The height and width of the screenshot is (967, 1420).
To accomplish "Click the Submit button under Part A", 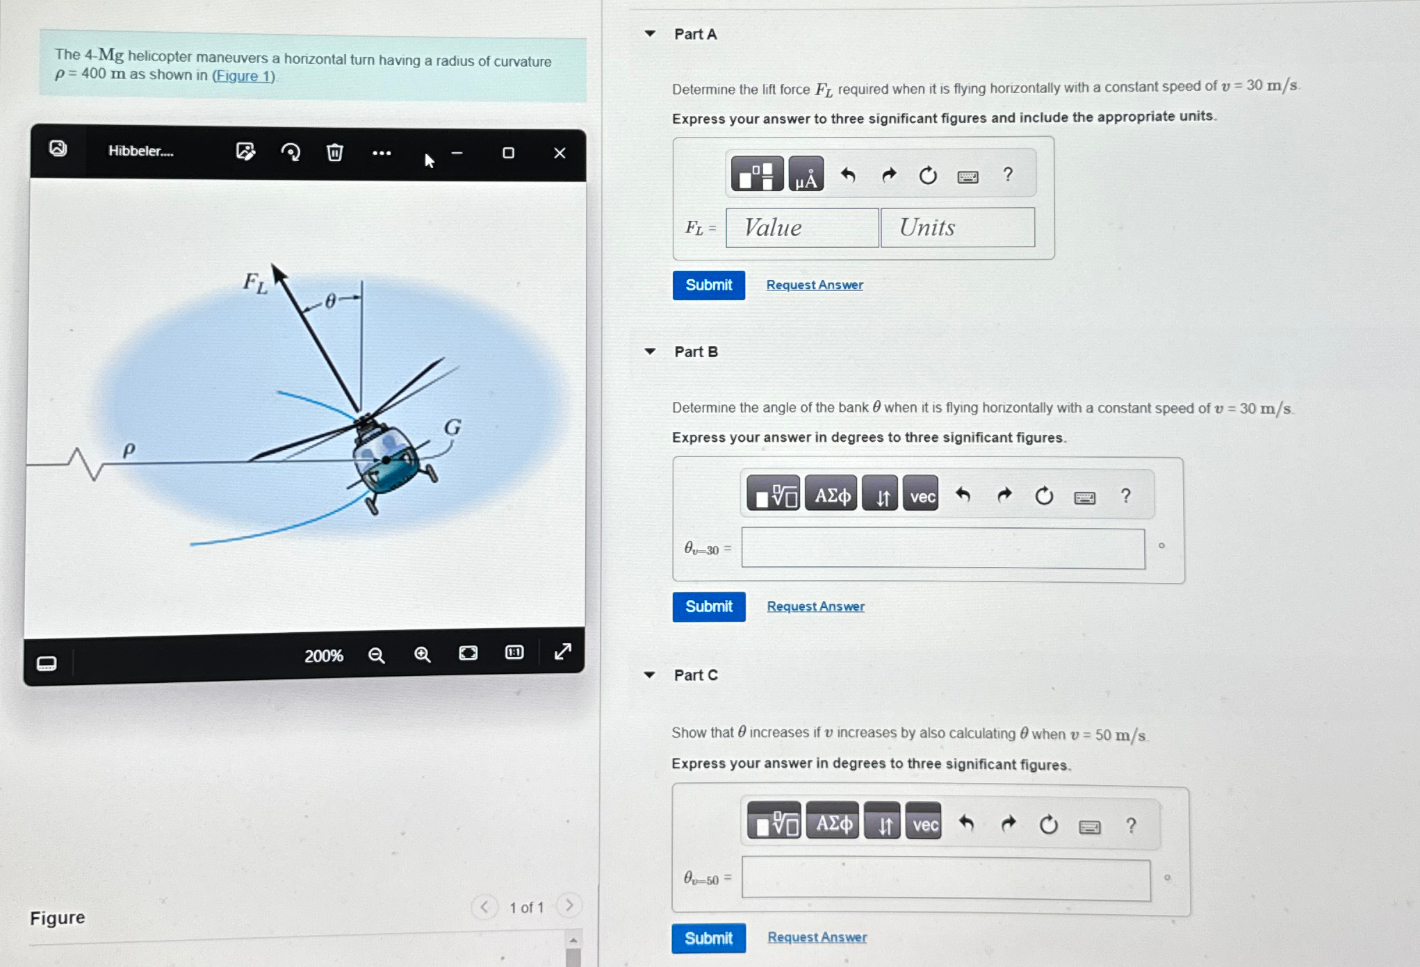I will tap(708, 286).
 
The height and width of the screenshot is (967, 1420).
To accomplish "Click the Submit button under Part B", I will tap(708, 606).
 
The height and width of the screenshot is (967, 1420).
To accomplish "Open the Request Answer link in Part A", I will tap(815, 285).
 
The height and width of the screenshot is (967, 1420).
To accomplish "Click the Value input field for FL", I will tap(802, 228).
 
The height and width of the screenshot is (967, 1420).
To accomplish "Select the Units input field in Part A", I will tap(957, 228).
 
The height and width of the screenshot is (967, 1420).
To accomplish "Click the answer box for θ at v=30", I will tap(942, 549).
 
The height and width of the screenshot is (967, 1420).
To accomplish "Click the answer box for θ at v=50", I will tap(945, 879).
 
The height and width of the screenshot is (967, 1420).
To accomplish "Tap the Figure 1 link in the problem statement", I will tap(243, 76).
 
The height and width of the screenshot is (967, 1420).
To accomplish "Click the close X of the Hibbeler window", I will tap(560, 153).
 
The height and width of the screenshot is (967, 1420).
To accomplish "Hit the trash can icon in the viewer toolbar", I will tap(335, 152).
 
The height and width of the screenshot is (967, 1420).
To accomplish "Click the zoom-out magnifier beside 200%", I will tap(376, 655).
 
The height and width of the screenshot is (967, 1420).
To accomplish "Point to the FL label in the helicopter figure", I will tap(254, 283).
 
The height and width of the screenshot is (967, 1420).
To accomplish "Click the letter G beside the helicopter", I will tap(452, 427).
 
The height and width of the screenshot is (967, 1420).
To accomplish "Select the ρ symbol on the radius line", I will tap(129, 450).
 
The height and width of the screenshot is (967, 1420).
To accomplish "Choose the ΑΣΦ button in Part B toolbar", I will tap(832, 495).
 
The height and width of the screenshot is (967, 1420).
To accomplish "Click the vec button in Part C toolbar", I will tap(924, 825).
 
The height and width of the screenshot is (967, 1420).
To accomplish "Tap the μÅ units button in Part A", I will tap(806, 175).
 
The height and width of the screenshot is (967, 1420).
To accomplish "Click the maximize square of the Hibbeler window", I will tap(508, 153).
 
